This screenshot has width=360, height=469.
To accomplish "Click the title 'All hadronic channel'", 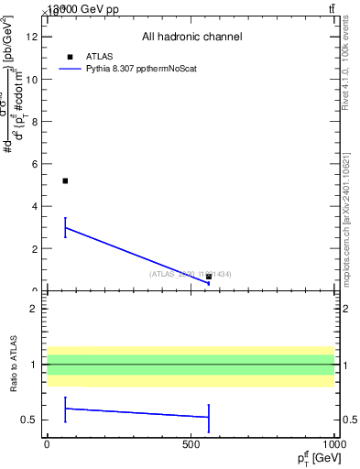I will pyautogui.click(x=191, y=38).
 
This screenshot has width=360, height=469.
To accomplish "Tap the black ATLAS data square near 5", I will pyautogui.click(x=65, y=180).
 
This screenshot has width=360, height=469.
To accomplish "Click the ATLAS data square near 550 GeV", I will pyautogui.click(x=209, y=277).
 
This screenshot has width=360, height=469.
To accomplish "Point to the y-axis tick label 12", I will pyautogui.click(x=32, y=37).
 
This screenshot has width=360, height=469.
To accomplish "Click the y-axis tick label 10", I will pyautogui.click(x=32, y=79).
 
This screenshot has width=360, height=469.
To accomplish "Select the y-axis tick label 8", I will pyautogui.click(x=35, y=121).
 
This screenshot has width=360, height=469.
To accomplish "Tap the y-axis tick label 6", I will pyautogui.click(x=35, y=164).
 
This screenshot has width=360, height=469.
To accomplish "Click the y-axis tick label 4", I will pyautogui.click(x=35, y=206).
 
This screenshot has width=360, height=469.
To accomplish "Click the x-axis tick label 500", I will pyautogui.click(x=191, y=444).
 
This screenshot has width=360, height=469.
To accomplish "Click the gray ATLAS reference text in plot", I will pyautogui.click(x=190, y=274).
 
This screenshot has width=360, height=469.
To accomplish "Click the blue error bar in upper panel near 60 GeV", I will pyautogui.click(x=65, y=227).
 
